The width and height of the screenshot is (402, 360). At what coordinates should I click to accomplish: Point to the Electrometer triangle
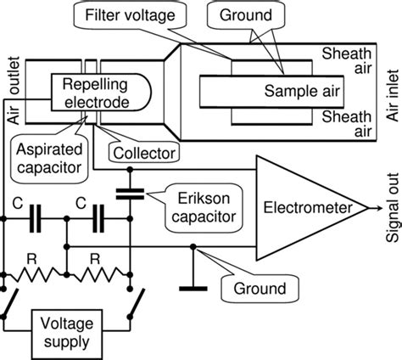[x=294, y=208]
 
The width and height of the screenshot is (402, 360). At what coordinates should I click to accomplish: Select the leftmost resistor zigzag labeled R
[x=34, y=275]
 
